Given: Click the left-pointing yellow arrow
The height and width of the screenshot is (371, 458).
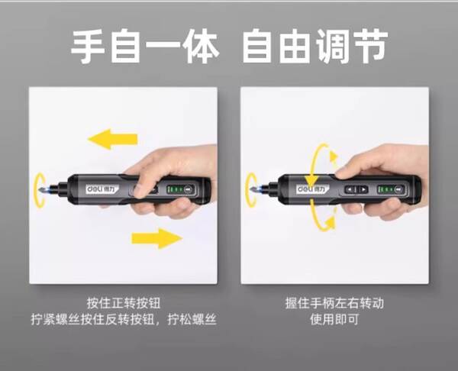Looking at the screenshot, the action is click(x=113, y=139).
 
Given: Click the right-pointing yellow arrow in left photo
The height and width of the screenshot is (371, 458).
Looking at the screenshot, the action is click(x=156, y=238).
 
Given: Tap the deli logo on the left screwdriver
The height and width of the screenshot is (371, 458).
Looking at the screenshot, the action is click(x=102, y=189).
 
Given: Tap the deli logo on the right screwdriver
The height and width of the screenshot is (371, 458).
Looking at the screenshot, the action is click(x=312, y=189).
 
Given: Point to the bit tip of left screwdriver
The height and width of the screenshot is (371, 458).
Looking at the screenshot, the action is click(x=39, y=189).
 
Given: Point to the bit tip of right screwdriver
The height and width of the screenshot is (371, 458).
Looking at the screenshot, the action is click(x=250, y=189).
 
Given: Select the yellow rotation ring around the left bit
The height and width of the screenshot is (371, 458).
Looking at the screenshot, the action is click(x=36, y=190).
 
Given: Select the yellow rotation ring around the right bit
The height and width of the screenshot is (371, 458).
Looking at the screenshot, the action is click(x=247, y=190).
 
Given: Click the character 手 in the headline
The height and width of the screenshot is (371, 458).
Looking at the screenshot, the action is click(x=89, y=46).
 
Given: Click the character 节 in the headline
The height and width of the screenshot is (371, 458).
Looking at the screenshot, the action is click(x=370, y=46).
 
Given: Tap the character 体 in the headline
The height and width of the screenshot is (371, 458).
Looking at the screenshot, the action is click(x=202, y=46).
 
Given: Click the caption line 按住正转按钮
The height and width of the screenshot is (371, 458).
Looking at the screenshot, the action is click(x=124, y=303).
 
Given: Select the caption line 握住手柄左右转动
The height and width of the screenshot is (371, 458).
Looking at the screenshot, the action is click(x=334, y=303).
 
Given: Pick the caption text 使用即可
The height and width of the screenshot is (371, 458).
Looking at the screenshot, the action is click(x=334, y=319).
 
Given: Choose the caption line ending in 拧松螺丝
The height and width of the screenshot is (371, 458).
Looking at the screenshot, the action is click(x=124, y=319).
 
